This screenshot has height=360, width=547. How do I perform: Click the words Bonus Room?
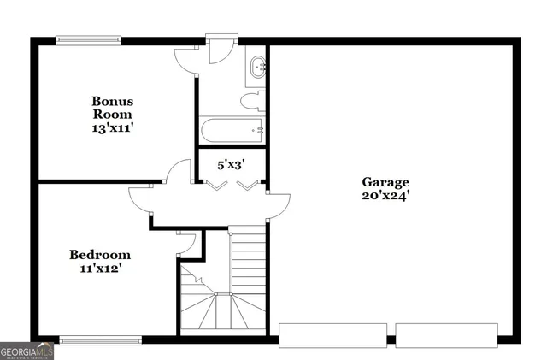(x=113, y=107)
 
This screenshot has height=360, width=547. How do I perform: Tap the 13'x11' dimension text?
(x=113, y=128)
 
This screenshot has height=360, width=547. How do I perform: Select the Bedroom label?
(x=100, y=255)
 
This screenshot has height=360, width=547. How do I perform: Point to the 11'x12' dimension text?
(x=100, y=269)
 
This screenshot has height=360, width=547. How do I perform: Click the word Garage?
(x=385, y=182)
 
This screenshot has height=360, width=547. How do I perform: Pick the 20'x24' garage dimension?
(x=385, y=196)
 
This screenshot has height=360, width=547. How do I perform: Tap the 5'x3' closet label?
(x=230, y=165)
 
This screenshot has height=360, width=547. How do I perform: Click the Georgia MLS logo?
(x=27, y=351)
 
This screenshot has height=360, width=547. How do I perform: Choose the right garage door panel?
(x=446, y=334)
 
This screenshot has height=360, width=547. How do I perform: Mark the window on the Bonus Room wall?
(x=89, y=38)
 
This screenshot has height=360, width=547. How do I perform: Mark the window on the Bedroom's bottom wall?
(x=101, y=340)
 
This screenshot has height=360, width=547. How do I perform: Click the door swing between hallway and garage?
(x=278, y=204)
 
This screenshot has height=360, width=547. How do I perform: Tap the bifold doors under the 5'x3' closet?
(x=230, y=184)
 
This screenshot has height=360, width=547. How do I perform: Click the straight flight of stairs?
(x=249, y=260)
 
